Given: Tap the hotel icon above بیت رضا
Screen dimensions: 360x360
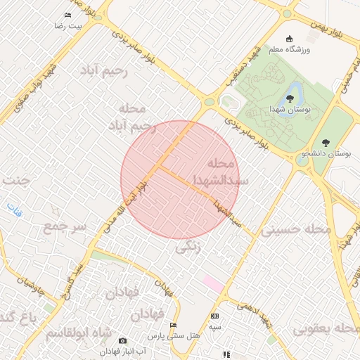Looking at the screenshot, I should pos(67,15).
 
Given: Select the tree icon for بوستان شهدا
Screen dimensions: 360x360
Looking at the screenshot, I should pos(290,98).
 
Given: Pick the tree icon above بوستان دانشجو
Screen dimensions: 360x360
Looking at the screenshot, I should pos(326,142).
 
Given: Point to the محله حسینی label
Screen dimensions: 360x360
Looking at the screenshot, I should pos(296,229).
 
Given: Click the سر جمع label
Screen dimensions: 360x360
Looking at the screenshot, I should pos(64,227).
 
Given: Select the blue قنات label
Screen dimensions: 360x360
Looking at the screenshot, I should pos(14,208).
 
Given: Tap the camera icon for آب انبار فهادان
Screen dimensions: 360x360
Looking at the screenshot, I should pos(123,340).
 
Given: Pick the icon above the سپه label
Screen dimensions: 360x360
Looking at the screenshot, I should pos(214,316).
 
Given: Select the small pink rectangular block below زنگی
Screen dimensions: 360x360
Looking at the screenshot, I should pos(213,283).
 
